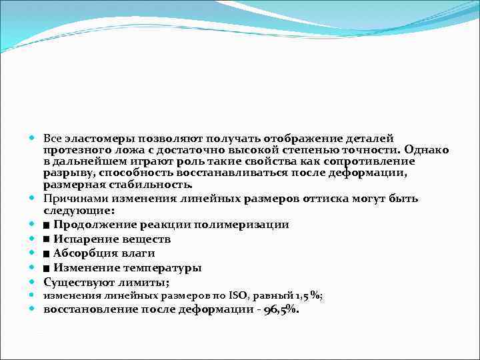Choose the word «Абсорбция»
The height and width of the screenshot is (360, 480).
[x=85, y=253]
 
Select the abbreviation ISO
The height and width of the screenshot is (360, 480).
[x=237, y=296]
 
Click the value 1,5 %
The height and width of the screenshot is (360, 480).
[x=311, y=296]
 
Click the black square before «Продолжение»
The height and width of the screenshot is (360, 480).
[x=47, y=225]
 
